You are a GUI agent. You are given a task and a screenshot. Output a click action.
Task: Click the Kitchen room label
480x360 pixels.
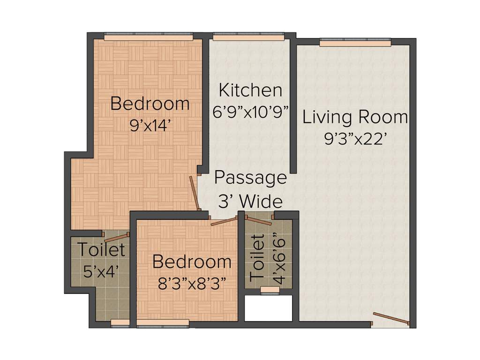tap(250, 90)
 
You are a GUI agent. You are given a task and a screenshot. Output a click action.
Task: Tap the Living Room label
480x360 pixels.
tap(355, 117)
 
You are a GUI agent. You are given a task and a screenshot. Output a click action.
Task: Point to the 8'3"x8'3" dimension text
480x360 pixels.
tap(192, 283)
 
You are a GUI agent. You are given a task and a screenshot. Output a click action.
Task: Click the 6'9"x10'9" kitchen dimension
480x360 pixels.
tap(250, 112)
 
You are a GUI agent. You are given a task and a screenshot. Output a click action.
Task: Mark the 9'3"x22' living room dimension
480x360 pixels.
tap(355, 139)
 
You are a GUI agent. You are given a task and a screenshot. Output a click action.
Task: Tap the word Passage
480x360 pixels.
tap(250, 178)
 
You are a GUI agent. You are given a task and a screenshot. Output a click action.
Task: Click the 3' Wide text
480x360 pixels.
tap(250, 201)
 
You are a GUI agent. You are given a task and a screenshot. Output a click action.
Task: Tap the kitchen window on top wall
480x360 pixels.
tap(248, 36)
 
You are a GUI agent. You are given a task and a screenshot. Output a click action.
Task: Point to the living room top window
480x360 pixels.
tap(355, 43)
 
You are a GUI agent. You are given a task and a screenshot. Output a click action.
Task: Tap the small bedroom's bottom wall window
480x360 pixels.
tap(163, 322)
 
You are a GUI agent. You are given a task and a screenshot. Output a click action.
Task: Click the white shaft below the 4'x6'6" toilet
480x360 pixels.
tap(269, 308)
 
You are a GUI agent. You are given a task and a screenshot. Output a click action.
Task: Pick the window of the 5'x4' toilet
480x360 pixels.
tap(120, 322)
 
